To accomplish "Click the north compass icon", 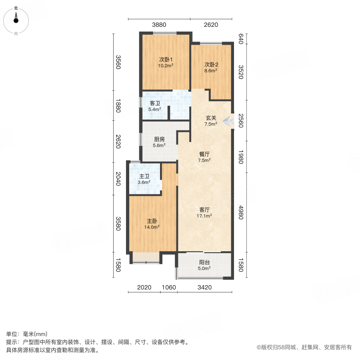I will [x=16, y=19].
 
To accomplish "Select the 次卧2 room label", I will [x=211, y=64].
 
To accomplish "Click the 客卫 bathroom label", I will [x=155, y=103].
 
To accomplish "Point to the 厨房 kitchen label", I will [x=159, y=140].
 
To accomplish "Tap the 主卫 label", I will [x=144, y=176].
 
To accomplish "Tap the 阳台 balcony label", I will [x=204, y=263].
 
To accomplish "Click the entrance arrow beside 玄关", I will [x=229, y=120].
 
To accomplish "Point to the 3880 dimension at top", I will [x=159, y=25].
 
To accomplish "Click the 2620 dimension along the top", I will [x=211, y=25].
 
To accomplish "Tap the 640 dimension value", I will [x=241, y=39].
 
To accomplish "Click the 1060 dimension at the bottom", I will [x=168, y=287].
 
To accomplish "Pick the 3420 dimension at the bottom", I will [x=204, y=287].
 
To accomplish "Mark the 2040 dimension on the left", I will [x=118, y=179].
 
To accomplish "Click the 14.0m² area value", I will [x=152, y=227].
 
